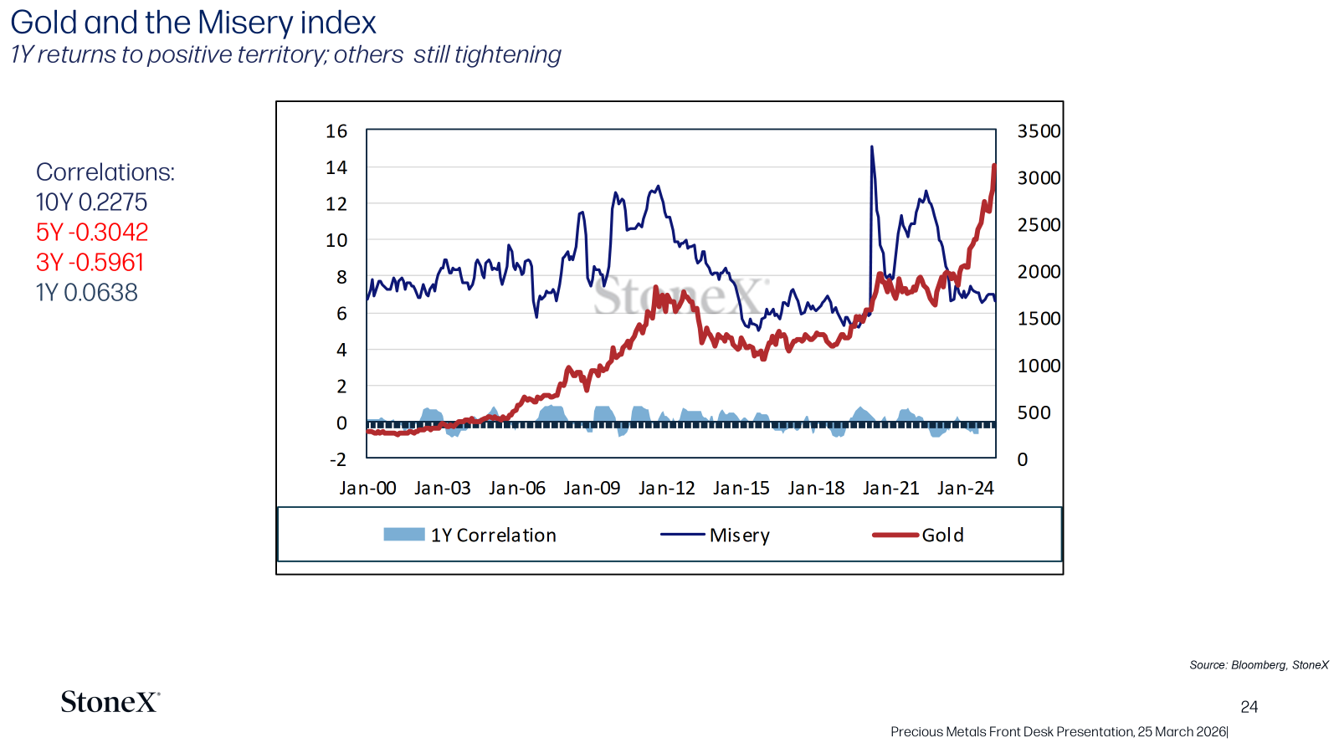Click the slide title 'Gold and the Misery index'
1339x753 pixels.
point(193,23)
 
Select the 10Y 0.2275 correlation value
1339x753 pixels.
point(91,202)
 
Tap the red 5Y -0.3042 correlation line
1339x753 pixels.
point(92,233)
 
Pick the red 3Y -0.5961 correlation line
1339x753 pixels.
point(90,263)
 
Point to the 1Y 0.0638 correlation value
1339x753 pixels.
point(87,293)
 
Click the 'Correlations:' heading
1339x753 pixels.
point(105,172)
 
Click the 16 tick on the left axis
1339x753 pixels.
point(336,131)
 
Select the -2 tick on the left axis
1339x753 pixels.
point(338,459)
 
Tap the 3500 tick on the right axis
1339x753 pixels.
point(1039,131)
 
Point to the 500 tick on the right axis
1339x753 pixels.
point(1034,412)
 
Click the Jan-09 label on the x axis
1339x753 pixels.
point(592,489)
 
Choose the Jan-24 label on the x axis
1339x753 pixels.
point(966,489)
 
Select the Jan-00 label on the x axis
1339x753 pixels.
point(367,489)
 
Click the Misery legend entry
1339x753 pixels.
point(715,535)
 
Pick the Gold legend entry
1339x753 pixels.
point(918,535)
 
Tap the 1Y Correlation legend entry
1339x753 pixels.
point(469,535)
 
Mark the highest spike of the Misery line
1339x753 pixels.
point(871,146)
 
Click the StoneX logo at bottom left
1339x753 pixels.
point(110,702)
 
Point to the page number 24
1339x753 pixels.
point(1249,707)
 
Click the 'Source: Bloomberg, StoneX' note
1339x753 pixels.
point(1259,665)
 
